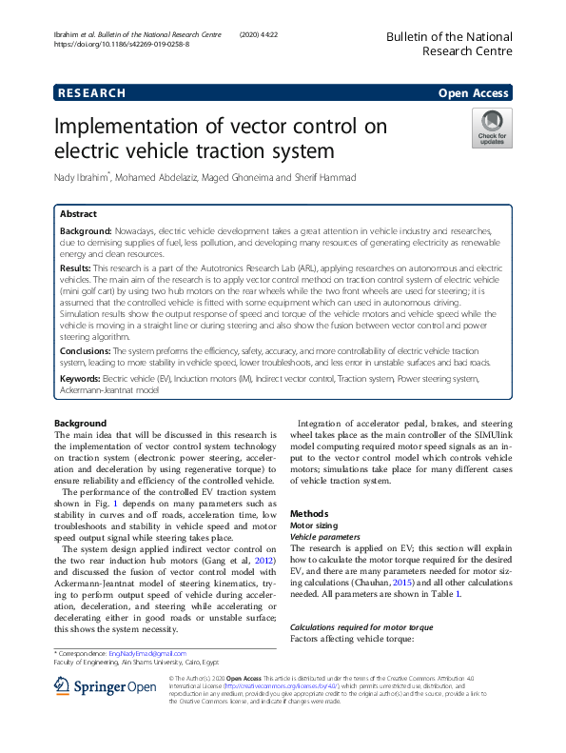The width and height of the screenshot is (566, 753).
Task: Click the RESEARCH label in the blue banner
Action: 91,93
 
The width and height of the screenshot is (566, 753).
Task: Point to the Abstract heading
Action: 78,214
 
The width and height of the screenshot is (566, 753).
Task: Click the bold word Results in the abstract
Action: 81,270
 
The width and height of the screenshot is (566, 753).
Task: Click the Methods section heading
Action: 308,513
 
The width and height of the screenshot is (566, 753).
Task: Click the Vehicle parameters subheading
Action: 327,537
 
